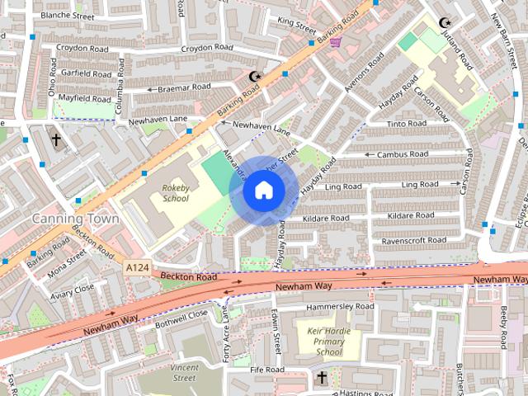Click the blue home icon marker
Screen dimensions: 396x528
pos(263,191)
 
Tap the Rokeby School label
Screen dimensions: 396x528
pos(175,193)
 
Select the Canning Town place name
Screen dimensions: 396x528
pos(75,219)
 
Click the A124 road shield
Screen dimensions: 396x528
pos(136,268)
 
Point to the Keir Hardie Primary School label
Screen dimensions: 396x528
pos(318,342)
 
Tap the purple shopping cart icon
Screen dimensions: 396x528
pos(336,41)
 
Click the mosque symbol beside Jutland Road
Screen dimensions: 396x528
pos(445,23)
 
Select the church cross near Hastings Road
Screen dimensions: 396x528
pos(322,378)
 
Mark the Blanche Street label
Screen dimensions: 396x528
pos(67,16)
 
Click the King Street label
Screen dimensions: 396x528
pos(297,21)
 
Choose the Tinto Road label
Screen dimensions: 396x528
pos(406,124)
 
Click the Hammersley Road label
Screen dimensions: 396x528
pos(339,306)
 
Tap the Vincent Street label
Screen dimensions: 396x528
pos(184,373)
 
